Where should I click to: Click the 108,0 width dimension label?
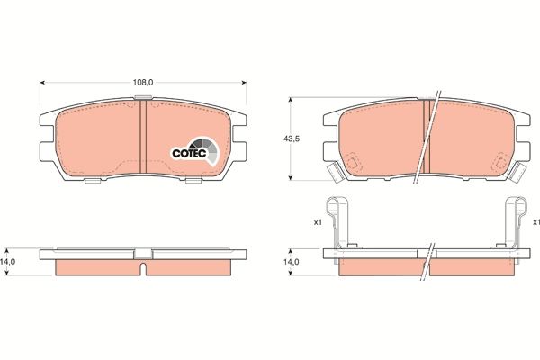[x=144, y=82]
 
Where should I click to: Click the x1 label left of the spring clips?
[x=318, y=221]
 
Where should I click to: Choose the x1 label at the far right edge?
[x=535, y=221]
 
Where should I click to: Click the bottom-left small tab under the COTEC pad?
[x=93, y=182]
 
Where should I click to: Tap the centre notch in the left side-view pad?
[x=144, y=266]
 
